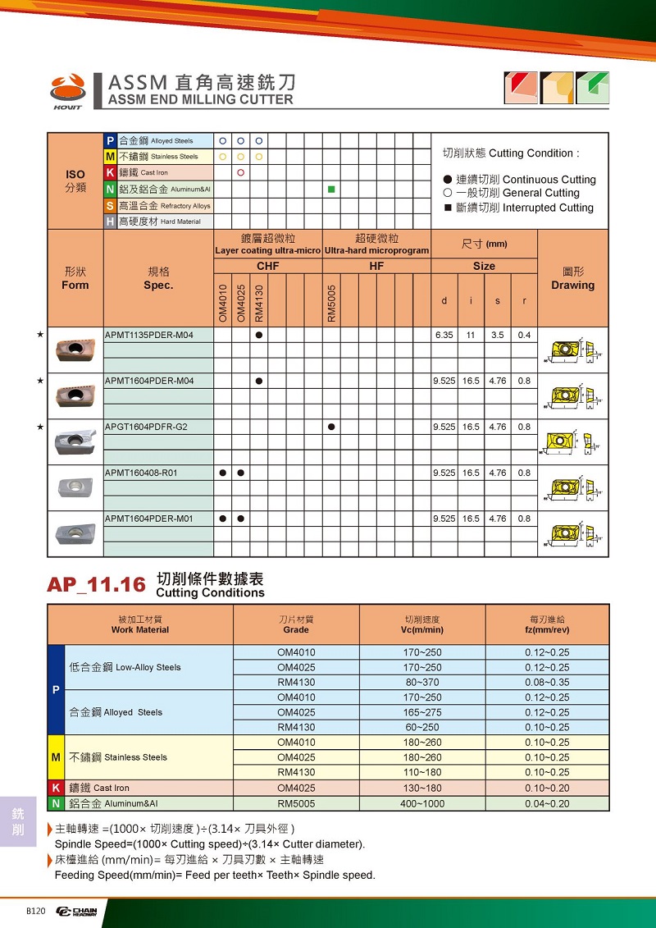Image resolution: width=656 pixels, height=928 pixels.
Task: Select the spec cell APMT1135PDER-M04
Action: pos(148,335)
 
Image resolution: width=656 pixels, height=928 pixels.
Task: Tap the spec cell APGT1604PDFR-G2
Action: pos(147,427)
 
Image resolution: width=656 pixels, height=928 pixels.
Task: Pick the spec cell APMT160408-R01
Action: pos(142,473)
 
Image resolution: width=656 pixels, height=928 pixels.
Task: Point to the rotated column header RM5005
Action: pos(331,303)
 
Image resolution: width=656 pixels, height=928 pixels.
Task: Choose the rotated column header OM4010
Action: pos(222,303)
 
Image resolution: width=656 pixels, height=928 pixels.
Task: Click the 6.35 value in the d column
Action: pos(444,335)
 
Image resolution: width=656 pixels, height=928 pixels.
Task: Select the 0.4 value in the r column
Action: pos(524,335)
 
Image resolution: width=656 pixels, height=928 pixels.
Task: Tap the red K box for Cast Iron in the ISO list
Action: pos(110,172)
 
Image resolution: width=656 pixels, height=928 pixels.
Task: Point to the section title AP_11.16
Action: pos(96,584)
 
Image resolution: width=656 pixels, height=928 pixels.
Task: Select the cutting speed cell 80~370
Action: pos(423,682)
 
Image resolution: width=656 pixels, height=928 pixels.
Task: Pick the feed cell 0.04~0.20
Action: pos(547,803)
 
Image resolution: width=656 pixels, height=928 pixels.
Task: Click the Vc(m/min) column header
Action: pos(423,629)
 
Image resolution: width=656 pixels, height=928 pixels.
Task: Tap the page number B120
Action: pos(36,911)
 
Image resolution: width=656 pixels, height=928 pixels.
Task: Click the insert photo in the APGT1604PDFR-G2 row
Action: pos(75,441)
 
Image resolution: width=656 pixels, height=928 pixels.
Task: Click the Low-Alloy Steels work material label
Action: pos(125,667)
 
